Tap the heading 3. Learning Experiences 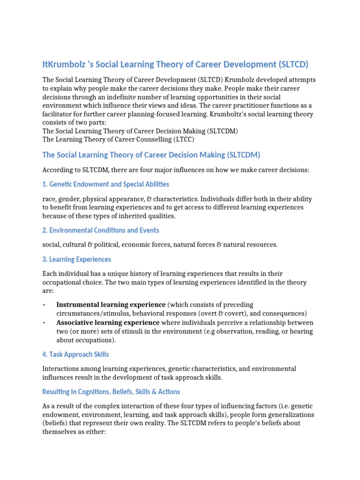point(76,259)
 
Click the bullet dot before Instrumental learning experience point(44,305)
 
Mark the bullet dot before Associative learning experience point(44,323)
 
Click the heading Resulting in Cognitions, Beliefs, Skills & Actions point(111,391)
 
